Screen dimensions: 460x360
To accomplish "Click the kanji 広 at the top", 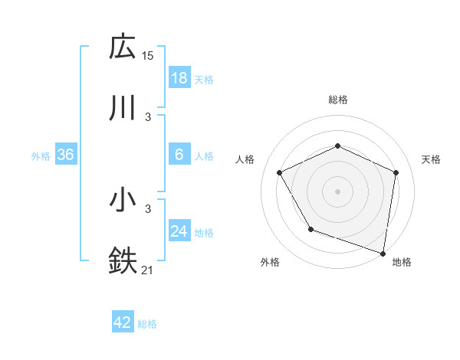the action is pos(123,48).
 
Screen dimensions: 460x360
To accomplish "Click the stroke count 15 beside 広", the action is pos(148,56).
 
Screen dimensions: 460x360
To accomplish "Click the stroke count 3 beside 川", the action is pos(148,116).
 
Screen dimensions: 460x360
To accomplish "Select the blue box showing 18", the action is pos(179,78).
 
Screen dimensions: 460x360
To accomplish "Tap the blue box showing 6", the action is pos(179,155).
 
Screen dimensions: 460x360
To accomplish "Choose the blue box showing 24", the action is pos(179,231).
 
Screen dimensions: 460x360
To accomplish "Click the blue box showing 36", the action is pos(65,155).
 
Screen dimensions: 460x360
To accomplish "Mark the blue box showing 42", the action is pos(122,322).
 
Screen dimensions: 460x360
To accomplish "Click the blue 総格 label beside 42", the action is pos(147,324).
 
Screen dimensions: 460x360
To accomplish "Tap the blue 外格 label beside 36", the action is pos(41,156).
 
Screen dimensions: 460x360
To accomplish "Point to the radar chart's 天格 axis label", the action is pos(431,159).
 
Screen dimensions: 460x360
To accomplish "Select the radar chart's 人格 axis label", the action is pos(245,159).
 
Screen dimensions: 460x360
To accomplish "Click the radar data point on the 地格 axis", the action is pos(383,253).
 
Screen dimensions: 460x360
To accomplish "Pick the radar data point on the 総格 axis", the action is pos(337,146).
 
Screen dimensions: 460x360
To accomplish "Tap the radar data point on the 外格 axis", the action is pos(310,229).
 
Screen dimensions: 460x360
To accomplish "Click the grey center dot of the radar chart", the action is pos(337,191).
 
